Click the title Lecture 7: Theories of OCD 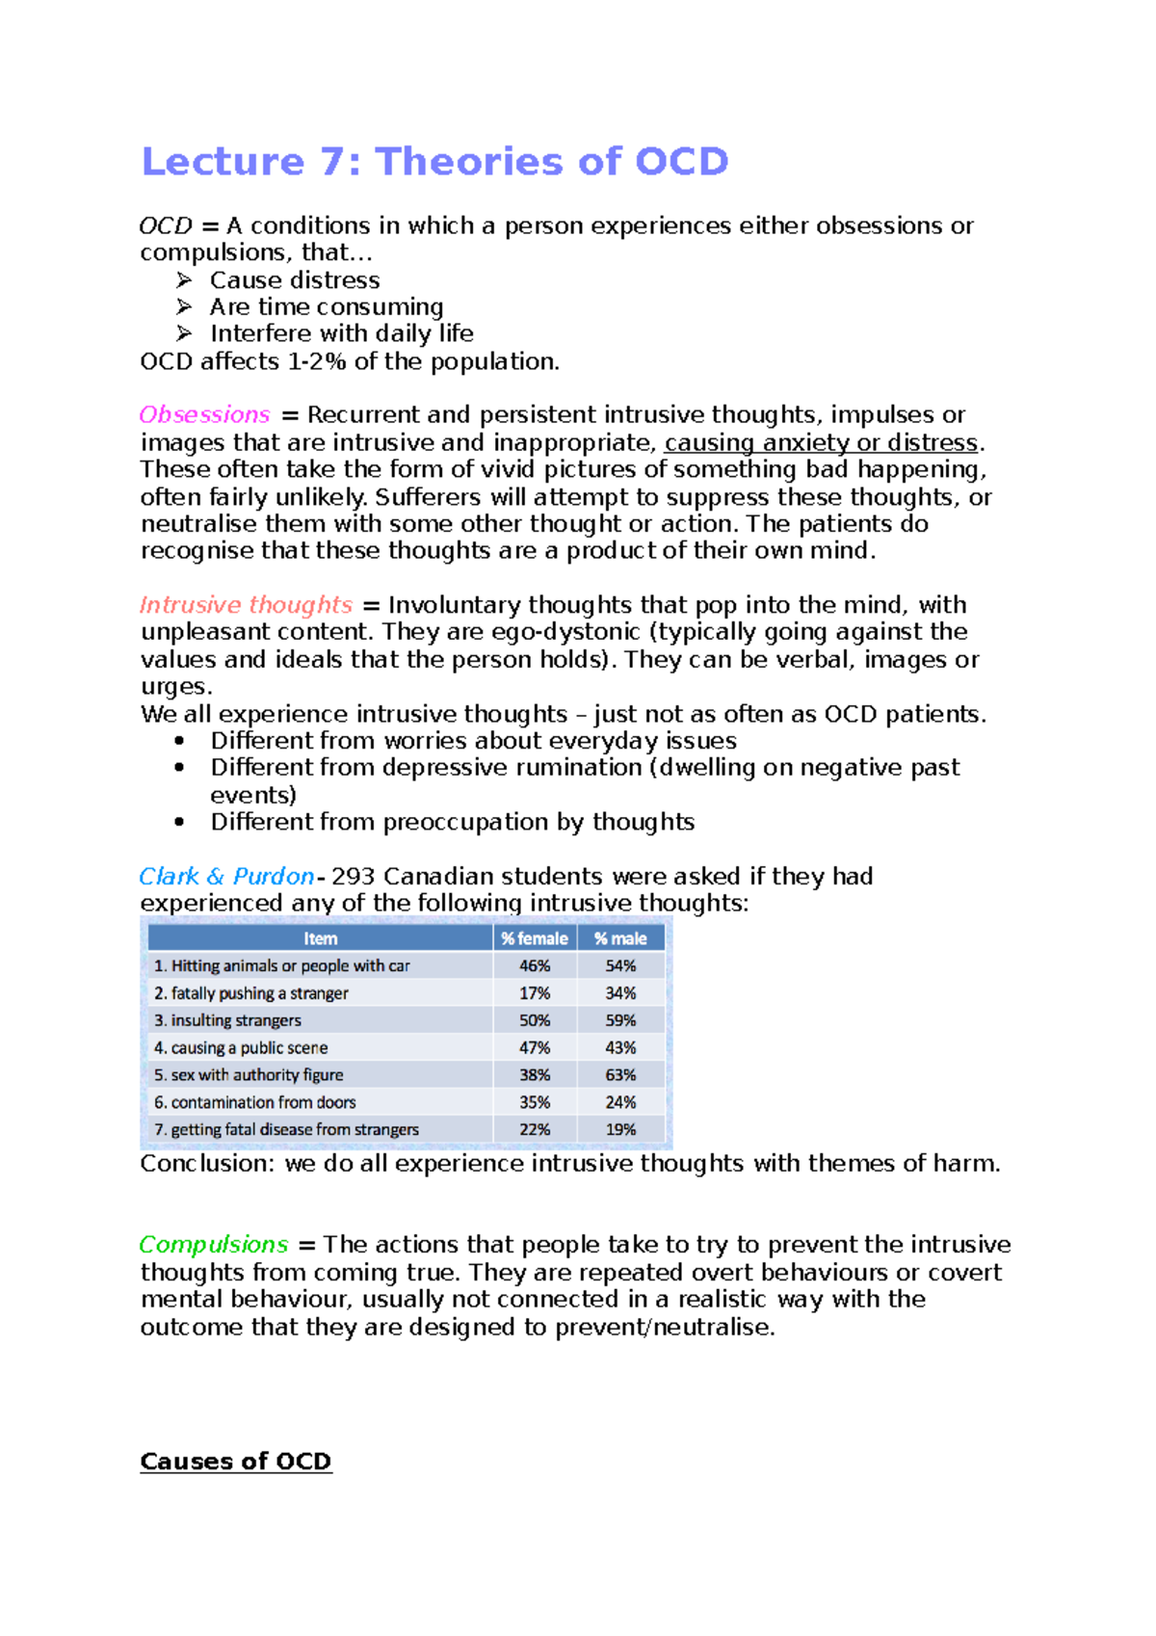point(434,161)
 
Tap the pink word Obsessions point(204,414)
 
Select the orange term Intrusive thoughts point(246,605)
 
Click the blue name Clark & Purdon point(226,876)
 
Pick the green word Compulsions point(214,1244)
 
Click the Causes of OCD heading point(235,1461)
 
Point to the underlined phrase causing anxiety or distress point(821,442)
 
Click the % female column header point(534,938)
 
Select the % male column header point(620,938)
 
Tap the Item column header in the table point(320,938)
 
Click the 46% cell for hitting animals point(535,965)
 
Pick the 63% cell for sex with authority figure point(620,1074)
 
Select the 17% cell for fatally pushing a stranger point(535,992)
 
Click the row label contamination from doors point(255,1101)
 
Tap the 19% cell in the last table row point(620,1129)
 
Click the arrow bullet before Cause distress point(184,280)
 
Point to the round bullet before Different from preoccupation point(179,822)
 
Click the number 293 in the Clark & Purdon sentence point(353,876)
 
